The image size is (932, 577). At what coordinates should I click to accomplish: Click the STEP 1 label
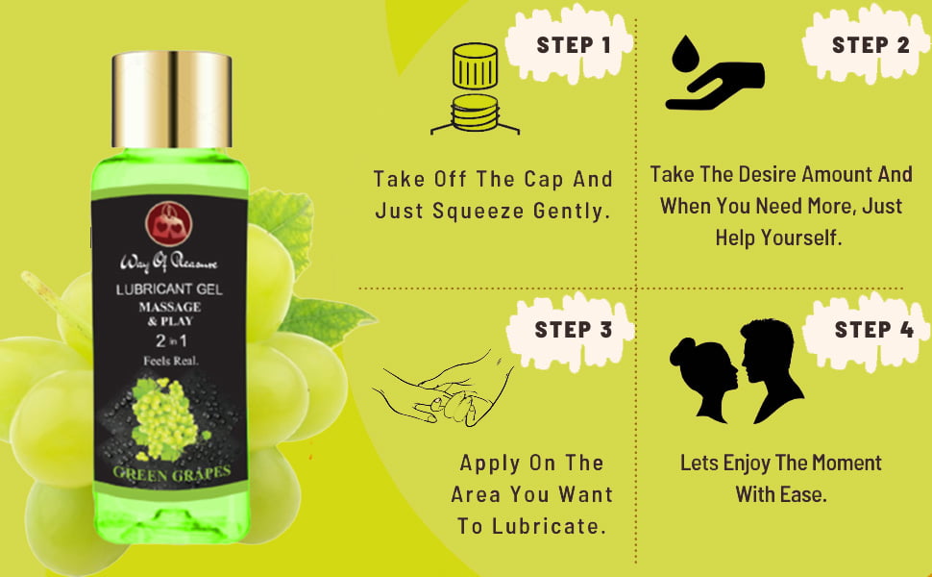click(x=574, y=44)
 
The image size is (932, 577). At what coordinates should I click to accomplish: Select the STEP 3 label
click(x=574, y=329)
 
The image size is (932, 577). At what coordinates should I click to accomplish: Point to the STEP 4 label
click(x=873, y=329)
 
